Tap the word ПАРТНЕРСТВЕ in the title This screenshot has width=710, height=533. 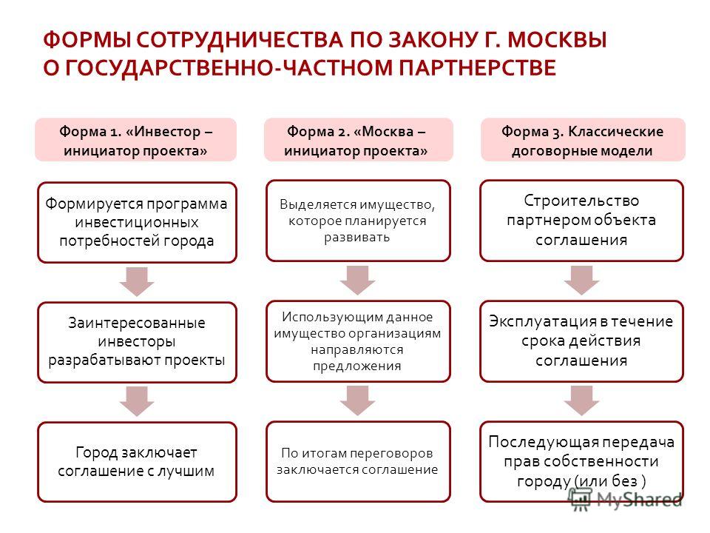pyautogui.click(x=477, y=68)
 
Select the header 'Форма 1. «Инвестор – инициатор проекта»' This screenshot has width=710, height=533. pyautogui.click(x=136, y=140)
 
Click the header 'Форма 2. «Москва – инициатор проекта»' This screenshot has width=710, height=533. pyautogui.click(x=359, y=140)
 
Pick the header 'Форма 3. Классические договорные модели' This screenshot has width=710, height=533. pyautogui.click(x=583, y=140)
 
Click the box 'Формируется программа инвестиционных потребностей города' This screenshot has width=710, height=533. pyautogui.click(x=138, y=223)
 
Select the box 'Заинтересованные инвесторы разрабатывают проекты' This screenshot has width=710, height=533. pyautogui.click(x=138, y=342)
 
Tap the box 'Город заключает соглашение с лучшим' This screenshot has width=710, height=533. pyautogui.click(x=138, y=462)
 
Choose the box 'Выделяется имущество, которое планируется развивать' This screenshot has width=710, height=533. pyautogui.click(x=358, y=221)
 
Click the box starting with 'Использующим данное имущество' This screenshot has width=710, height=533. pyautogui.click(x=358, y=341)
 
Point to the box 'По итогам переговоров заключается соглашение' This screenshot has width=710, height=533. pyautogui.click(x=358, y=461)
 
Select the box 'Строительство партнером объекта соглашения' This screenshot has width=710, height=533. pyautogui.click(x=582, y=221)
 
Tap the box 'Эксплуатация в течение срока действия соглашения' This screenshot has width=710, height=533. pyautogui.click(x=582, y=341)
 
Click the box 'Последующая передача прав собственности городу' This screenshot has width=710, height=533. pyautogui.click(x=582, y=461)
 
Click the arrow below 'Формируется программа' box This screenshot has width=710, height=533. pyautogui.click(x=137, y=282)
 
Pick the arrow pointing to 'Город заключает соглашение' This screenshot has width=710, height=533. pyautogui.click(x=137, y=401)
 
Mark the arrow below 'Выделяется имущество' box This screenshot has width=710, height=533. pyautogui.click(x=358, y=281)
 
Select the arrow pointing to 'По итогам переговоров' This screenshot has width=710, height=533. pyautogui.click(x=358, y=400)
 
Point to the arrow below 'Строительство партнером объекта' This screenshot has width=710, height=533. pyautogui.click(x=582, y=281)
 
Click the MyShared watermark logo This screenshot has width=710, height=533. pyautogui.click(x=626, y=499)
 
